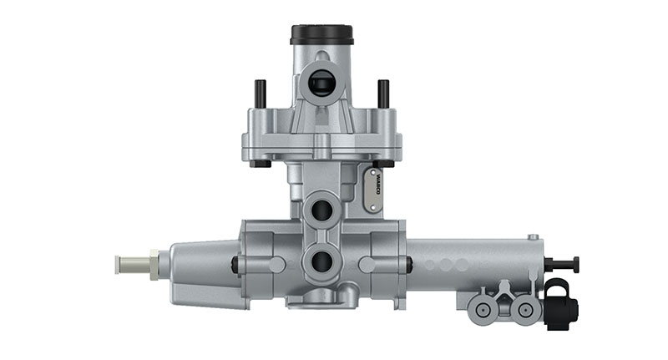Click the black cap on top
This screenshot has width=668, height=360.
click(321, 34)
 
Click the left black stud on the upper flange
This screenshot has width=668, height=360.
click(260, 93)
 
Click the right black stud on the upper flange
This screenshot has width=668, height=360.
click(383, 93)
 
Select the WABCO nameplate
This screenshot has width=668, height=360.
click(372, 188)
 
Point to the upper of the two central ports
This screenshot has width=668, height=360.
click(321, 209)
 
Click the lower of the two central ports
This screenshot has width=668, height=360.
click(321, 262)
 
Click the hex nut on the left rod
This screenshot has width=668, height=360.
click(154, 264)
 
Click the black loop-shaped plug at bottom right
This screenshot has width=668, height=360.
click(559, 304)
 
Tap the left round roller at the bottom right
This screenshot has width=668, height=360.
click(482, 310)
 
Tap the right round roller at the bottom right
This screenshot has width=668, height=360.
click(524, 310)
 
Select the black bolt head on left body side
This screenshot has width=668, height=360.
click(235, 265)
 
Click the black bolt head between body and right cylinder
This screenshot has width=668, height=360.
click(409, 265)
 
